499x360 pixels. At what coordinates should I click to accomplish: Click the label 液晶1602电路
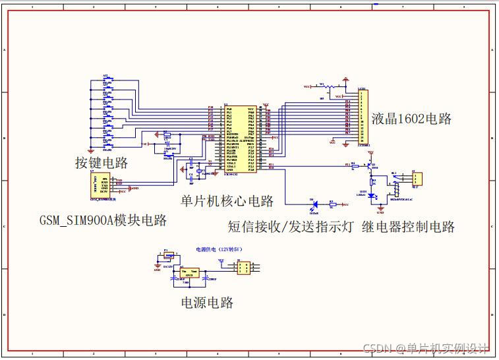tap(411, 119)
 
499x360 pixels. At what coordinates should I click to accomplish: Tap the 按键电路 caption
tap(101, 162)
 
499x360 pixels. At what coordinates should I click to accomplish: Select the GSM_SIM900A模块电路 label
tap(102, 220)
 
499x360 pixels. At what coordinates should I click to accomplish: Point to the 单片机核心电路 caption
tap(227, 200)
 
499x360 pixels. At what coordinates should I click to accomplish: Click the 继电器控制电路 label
tap(409, 227)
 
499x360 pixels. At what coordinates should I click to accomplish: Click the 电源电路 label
tap(207, 303)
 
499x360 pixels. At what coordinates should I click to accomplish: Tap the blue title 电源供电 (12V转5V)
tap(219, 250)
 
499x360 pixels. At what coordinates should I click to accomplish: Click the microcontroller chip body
tap(241, 138)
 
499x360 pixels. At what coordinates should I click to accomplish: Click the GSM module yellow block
tap(102, 185)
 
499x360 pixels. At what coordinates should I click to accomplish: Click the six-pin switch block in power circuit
tap(243, 267)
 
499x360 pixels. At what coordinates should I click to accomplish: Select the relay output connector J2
tap(417, 178)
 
